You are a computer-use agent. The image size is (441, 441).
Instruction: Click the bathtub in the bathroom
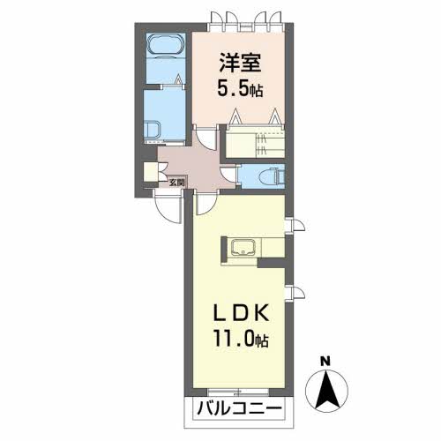click(166, 45)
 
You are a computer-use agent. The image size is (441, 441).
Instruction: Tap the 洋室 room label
click(240, 63)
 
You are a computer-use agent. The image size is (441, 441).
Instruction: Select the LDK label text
click(241, 313)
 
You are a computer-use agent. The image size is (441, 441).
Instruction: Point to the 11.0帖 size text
click(241, 340)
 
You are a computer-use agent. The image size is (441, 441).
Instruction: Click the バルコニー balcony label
click(239, 409)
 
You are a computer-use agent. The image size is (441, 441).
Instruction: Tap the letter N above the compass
click(325, 361)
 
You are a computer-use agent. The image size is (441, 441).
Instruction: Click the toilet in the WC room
click(273, 176)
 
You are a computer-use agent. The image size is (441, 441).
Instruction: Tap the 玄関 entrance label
click(176, 183)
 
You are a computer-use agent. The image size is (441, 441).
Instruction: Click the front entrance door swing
click(168, 206)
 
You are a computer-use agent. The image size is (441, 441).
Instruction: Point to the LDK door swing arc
click(206, 204)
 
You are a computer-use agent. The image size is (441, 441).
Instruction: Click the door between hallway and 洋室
click(207, 138)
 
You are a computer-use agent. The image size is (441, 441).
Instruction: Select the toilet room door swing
click(228, 176)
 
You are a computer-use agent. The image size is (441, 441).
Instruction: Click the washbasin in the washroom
click(153, 131)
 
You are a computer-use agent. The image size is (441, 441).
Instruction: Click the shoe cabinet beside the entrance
click(151, 172)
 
